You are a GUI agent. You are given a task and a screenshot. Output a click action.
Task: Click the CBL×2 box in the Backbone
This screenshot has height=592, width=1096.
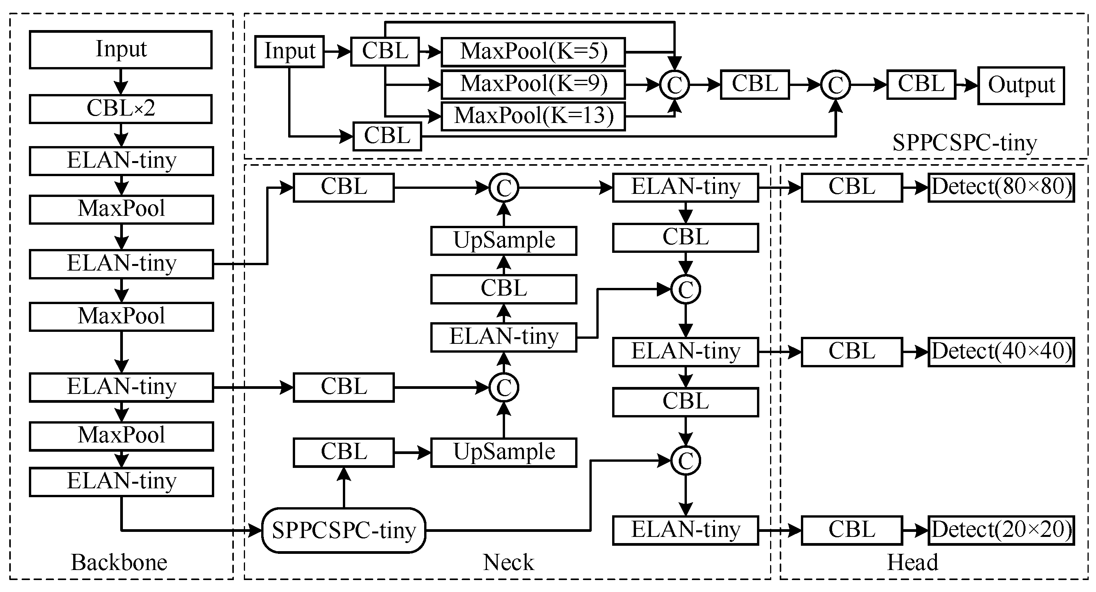click(x=121, y=109)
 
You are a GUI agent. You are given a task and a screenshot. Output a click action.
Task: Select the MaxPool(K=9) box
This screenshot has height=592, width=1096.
click(x=533, y=84)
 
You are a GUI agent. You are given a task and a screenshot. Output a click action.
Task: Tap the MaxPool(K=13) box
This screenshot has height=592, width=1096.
click(x=533, y=116)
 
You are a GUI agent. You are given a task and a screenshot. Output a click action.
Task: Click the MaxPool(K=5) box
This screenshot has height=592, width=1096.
click(x=533, y=52)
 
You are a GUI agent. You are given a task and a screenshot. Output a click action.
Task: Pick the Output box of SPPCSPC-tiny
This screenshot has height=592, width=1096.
click(x=1021, y=85)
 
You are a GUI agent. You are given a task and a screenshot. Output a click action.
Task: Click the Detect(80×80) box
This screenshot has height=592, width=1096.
click(x=1001, y=187)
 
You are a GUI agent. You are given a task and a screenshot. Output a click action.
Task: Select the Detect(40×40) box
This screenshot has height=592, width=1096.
click(x=1001, y=352)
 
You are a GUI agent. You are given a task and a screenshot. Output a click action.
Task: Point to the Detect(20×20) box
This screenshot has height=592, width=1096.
click(x=1001, y=530)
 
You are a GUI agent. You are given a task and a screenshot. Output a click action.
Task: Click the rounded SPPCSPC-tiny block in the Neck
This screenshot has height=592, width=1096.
click(x=344, y=530)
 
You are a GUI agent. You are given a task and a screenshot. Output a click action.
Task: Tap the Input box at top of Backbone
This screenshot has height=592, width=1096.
click(x=121, y=49)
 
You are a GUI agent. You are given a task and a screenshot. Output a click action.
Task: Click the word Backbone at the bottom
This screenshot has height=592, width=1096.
click(x=119, y=563)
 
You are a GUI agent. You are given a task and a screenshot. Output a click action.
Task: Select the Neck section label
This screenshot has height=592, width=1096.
click(x=509, y=563)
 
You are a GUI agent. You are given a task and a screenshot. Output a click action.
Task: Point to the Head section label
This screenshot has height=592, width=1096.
click(x=913, y=563)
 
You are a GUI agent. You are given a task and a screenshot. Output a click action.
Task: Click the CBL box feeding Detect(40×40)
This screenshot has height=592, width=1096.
click(x=852, y=352)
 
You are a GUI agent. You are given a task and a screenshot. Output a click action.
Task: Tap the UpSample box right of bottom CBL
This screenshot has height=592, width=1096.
click(x=504, y=452)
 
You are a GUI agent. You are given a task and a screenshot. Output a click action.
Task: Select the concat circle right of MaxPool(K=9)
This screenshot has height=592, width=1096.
click(x=675, y=85)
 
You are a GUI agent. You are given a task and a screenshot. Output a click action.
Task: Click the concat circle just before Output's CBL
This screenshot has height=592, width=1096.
click(x=836, y=85)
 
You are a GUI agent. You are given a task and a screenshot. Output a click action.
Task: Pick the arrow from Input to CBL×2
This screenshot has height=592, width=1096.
click(x=121, y=81)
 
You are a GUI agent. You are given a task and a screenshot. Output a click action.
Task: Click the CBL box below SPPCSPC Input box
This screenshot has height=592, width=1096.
click(x=387, y=136)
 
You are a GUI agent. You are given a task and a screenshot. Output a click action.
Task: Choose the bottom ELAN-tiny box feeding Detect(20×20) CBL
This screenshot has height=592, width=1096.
click(x=685, y=530)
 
